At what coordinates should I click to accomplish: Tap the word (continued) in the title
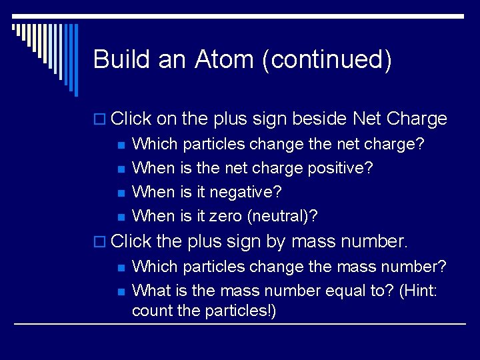[x=327, y=60]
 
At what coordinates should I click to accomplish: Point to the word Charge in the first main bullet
[x=416, y=119]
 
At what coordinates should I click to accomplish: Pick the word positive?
[x=340, y=168]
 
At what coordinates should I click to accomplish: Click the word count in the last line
[x=152, y=311]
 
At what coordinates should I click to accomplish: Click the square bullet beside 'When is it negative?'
[x=120, y=193]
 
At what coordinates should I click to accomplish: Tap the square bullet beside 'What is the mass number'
[x=120, y=291]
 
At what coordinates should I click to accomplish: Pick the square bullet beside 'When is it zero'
[x=120, y=217]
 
